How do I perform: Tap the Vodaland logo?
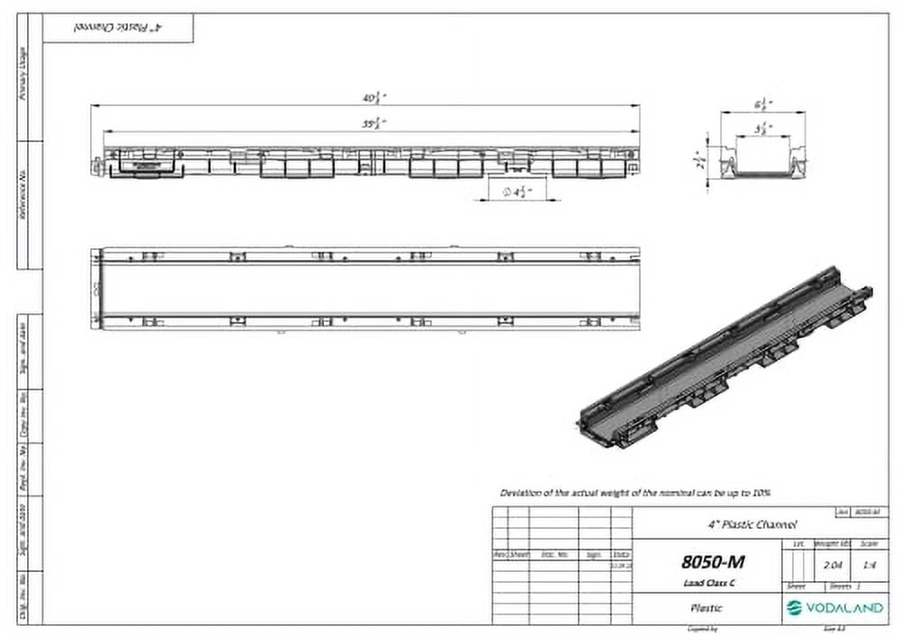click(833, 608)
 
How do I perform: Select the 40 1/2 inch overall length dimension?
click(369, 98)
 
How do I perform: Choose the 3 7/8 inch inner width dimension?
click(761, 128)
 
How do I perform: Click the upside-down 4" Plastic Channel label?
click(119, 28)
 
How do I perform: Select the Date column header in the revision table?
click(622, 555)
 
